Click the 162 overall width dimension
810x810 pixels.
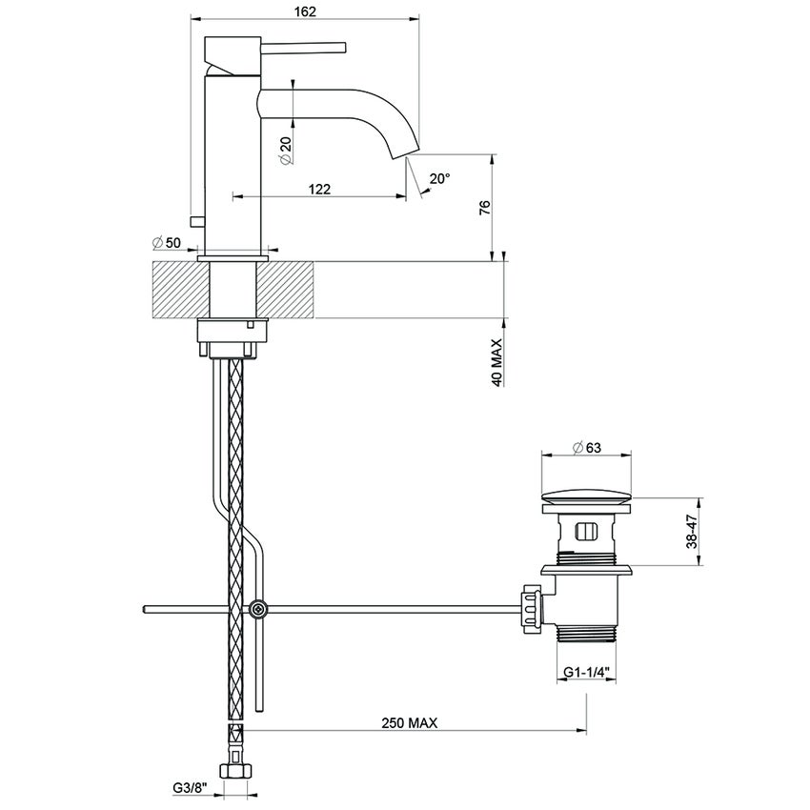[x=305, y=10]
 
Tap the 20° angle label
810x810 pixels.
[x=438, y=178]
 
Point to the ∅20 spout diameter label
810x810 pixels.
[x=286, y=150]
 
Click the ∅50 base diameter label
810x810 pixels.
[x=166, y=243]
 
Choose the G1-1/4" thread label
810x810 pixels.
[x=586, y=673]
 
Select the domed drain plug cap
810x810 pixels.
[x=587, y=497]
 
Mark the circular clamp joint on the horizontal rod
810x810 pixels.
[x=256, y=609]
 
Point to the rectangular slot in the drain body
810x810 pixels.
[x=587, y=531]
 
